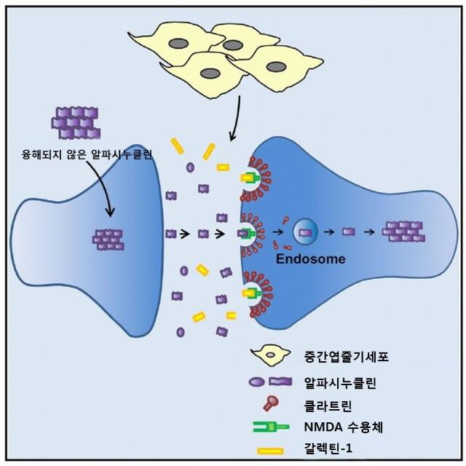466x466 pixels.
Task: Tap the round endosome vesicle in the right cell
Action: click(x=305, y=234)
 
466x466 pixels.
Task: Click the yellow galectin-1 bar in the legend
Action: click(x=271, y=452)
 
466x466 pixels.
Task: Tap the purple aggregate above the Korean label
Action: click(x=75, y=120)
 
